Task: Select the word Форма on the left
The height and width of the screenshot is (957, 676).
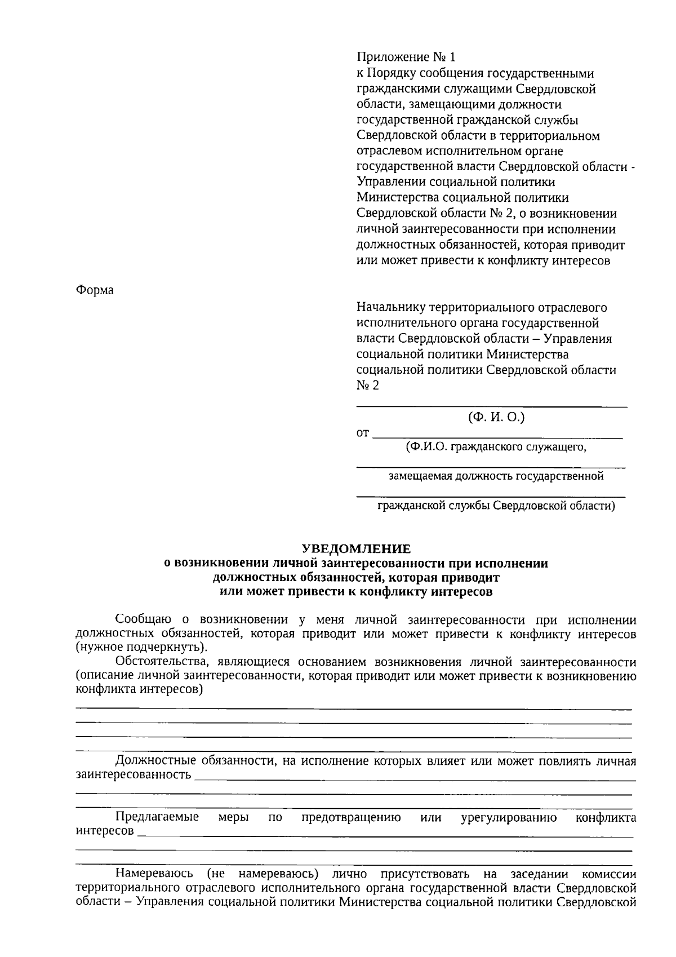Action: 95,290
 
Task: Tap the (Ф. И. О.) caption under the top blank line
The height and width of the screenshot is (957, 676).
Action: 496,418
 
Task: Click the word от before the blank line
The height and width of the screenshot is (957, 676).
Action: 363,433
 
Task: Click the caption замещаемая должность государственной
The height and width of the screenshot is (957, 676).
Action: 496,476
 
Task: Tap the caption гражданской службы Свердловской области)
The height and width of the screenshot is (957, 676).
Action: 496,506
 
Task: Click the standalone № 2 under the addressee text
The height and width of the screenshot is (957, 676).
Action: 368,386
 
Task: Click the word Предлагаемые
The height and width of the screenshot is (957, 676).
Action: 157,818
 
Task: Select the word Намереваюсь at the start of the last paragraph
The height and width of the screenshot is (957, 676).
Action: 154,874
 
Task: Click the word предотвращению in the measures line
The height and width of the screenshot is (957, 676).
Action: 350,818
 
